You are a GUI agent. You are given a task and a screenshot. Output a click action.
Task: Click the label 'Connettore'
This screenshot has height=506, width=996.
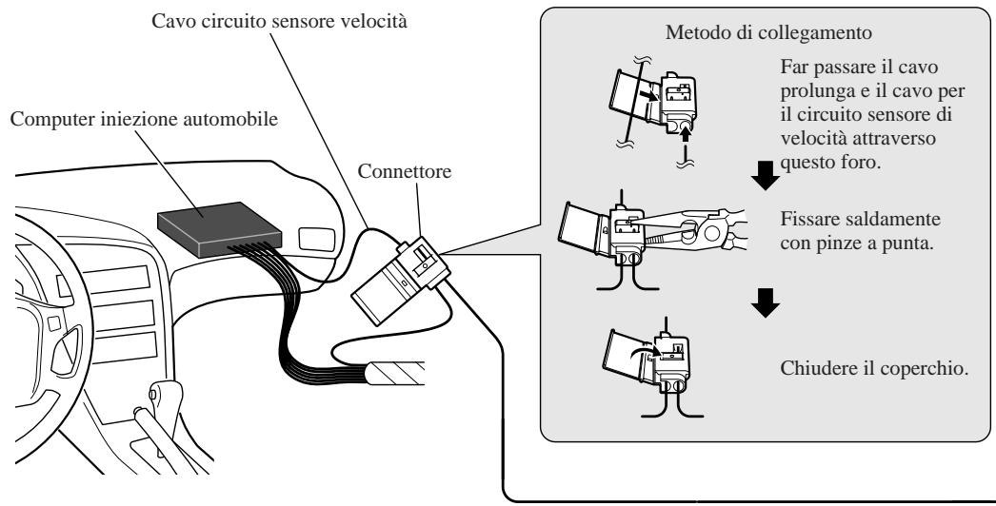tap(404, 171)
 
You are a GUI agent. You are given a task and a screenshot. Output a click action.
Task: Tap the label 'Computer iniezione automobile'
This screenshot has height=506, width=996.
tap(144, 119)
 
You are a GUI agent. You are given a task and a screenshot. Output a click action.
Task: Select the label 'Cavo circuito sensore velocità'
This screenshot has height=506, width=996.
tap(279, 22)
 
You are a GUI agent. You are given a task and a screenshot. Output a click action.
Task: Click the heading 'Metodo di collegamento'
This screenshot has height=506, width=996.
tap(768, 32)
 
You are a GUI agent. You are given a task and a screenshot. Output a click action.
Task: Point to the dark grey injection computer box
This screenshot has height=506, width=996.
tap(219, 229)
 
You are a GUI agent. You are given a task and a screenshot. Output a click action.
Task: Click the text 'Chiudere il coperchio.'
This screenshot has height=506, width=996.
tap(874, 368)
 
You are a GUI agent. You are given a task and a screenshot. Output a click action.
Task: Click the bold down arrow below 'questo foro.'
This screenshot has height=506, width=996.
tap(766, 175)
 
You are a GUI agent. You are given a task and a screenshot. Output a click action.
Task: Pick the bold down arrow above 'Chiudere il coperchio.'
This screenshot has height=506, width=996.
tap(766, 302)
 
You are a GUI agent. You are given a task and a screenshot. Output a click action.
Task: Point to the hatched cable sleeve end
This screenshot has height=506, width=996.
tap(395, 373)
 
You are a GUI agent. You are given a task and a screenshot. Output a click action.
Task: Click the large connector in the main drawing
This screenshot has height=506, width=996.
tap(401, 280)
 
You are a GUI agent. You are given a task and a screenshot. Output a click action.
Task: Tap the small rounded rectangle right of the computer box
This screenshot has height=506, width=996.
tap(316, 239)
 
